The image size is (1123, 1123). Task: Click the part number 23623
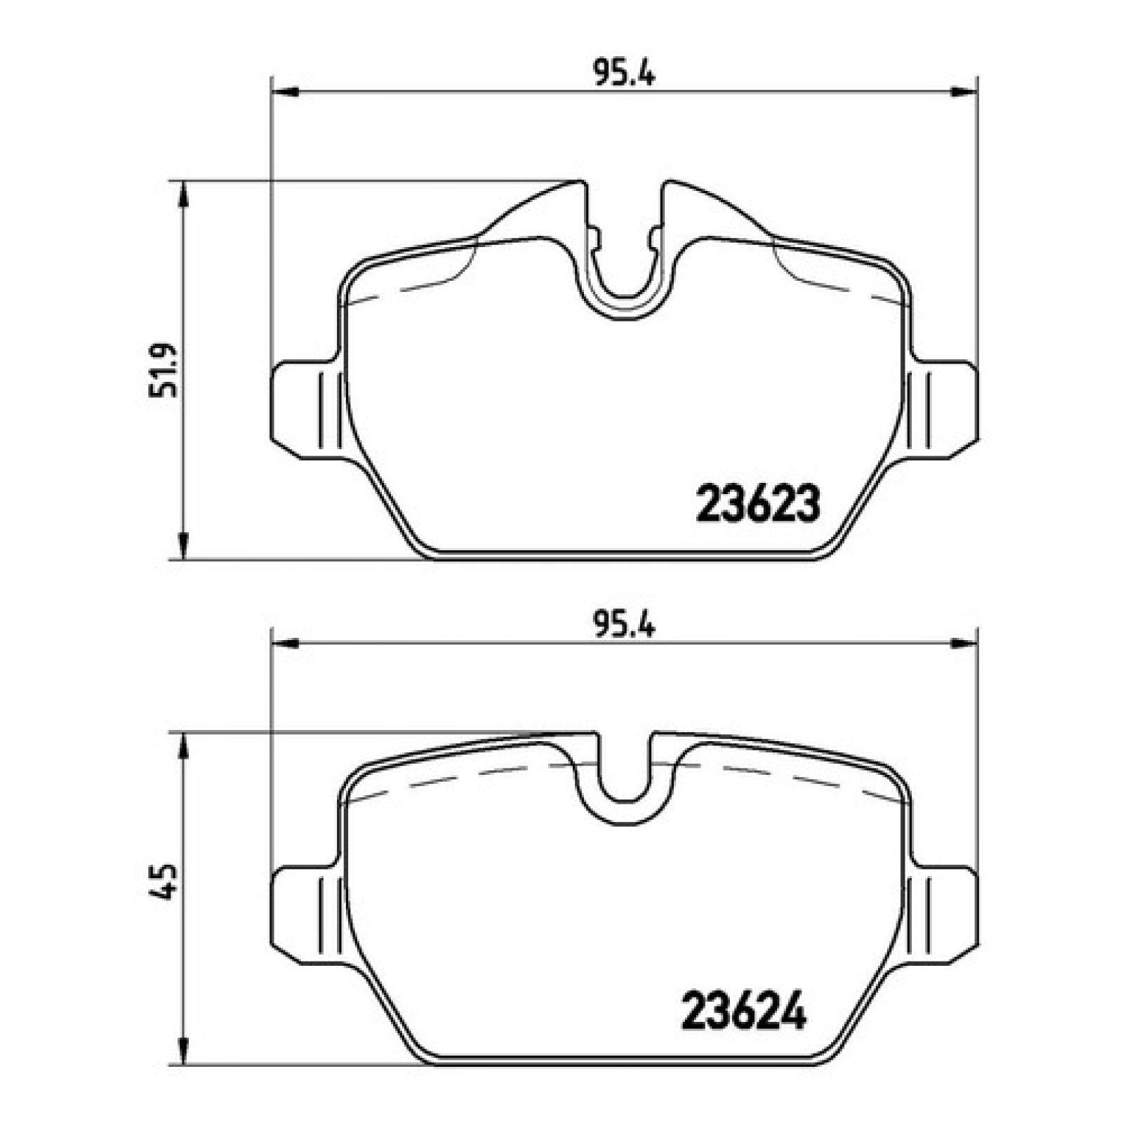pos(757,503)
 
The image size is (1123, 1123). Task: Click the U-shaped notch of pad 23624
pos(624,779)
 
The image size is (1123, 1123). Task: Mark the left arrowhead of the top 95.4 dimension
pos(285,91)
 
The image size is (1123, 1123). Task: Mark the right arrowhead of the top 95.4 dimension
pos(963,91)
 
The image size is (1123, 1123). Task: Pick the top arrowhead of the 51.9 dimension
pos(183,197)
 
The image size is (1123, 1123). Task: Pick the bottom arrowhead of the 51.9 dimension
pos(183,545)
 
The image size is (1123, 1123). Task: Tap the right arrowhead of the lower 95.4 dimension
pos(963,643)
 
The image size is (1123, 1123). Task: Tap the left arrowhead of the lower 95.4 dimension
pos(285,643)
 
